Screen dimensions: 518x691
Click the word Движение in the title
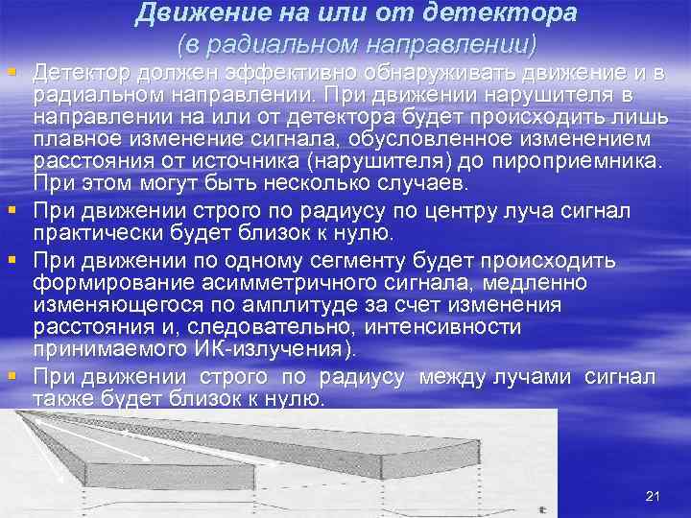click(x=194, y=14)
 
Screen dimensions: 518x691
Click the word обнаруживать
click(x=427, y=74)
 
